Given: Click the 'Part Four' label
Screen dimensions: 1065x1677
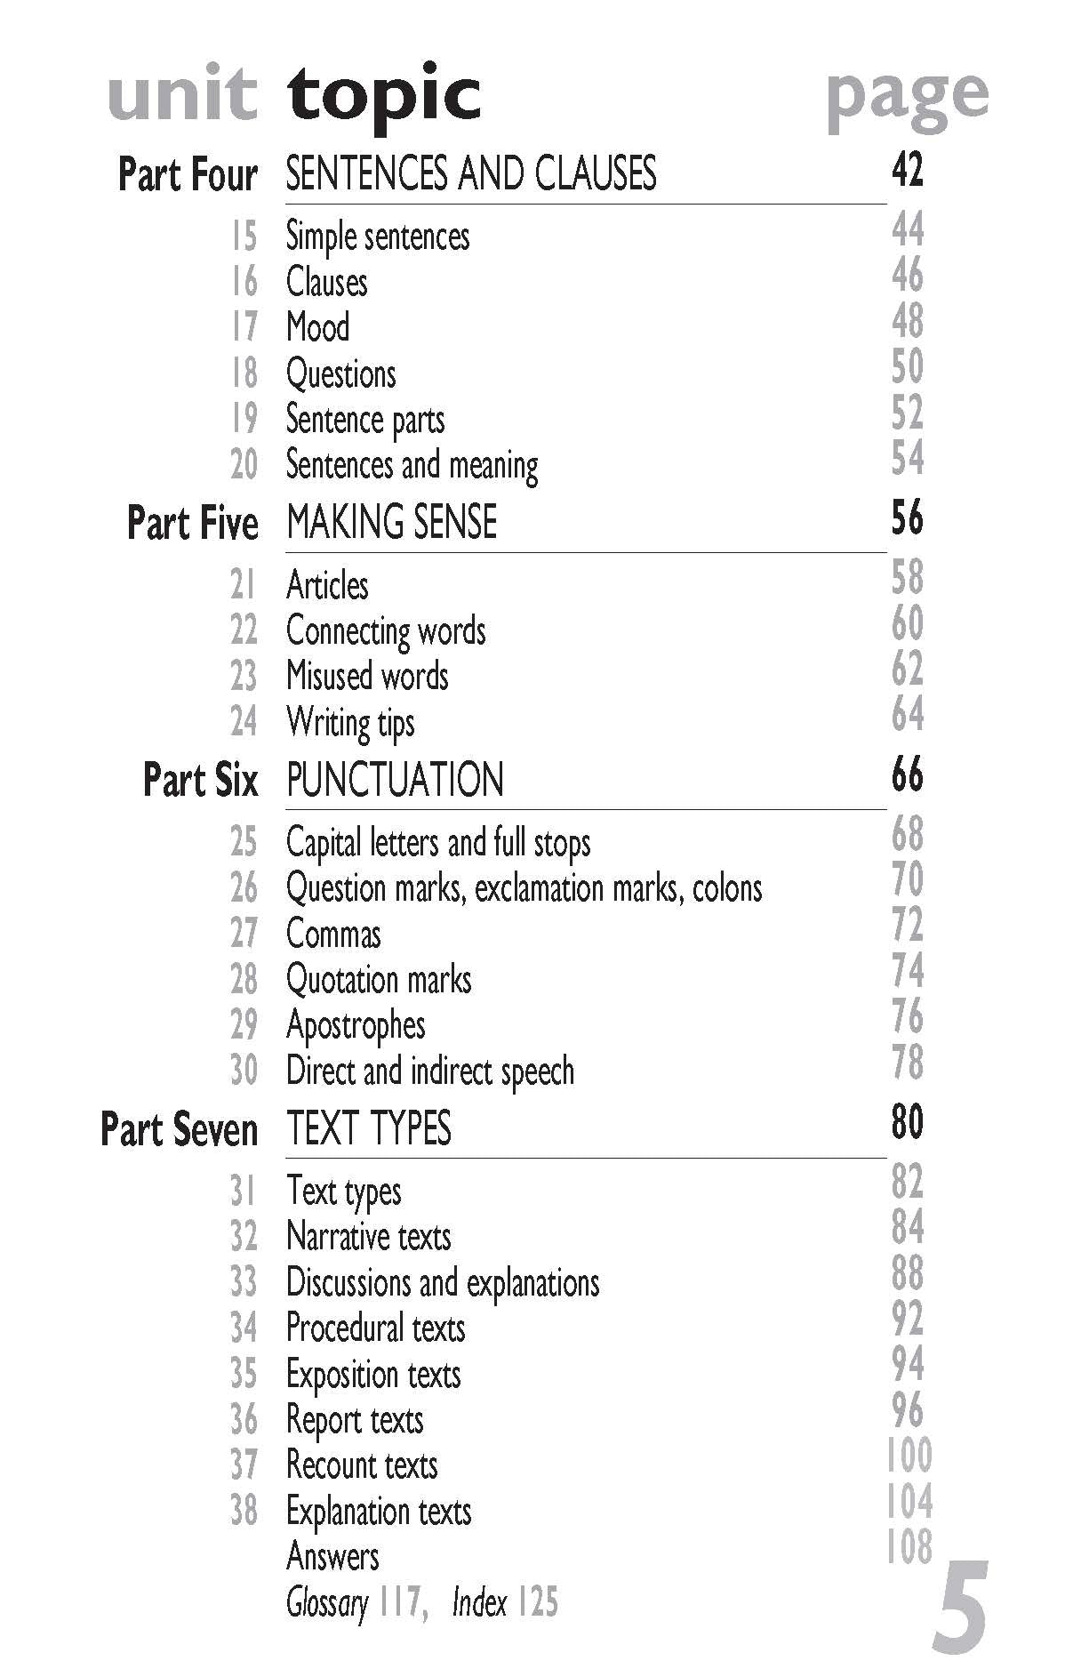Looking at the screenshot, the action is pos(188,174).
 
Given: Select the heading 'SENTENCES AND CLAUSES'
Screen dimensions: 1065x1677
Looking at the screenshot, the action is pos(470,173).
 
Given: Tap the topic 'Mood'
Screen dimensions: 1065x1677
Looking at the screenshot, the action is pos(317,327).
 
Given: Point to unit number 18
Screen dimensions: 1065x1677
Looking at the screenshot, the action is pos(244,373).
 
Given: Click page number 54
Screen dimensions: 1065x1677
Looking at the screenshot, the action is pos(908,458).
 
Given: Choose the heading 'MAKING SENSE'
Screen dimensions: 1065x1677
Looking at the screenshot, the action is pos(391,522).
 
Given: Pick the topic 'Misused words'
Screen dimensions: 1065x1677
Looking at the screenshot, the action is pos(367,676).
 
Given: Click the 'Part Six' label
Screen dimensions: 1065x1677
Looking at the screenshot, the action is pos(200,780).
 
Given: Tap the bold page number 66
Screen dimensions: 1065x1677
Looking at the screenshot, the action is pos(908,775).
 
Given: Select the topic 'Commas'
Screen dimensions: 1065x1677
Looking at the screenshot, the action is pos(333,935).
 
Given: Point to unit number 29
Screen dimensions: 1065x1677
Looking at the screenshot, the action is pos(244,1025).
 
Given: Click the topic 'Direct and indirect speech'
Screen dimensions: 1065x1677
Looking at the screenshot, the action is pos(430,1071).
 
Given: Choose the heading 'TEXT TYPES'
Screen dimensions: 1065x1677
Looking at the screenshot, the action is pos(369,1128).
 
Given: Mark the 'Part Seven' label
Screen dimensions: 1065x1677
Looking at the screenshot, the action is pos(179,1129).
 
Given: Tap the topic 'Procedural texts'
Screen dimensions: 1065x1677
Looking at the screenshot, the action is pos(376,1328).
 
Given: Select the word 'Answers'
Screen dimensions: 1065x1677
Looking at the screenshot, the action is pos(332,1556).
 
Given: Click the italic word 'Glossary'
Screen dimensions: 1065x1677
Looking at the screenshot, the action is pos(326,1602).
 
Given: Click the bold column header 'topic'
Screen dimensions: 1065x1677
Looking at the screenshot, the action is pos(384,96).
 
